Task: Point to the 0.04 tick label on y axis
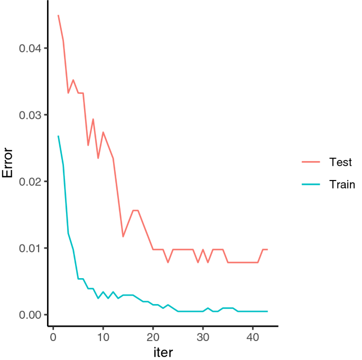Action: (x=30, y=49)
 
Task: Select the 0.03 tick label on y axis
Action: (x=30, y=115)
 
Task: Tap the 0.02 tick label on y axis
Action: (x=30, y=182)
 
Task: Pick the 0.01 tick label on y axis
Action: (x=30, y=248)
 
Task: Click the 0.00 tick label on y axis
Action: (x=30, y=315)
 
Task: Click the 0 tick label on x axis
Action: (x=53, y=337)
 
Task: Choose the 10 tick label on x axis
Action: (x=103, y=337)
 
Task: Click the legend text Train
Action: (x=341, y=184)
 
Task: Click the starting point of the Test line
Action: (x=58, y=15)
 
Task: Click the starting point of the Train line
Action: (x=58, y=136)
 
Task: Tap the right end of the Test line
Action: (x=268, y=249)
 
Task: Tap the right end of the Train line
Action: (x=268, y=311)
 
